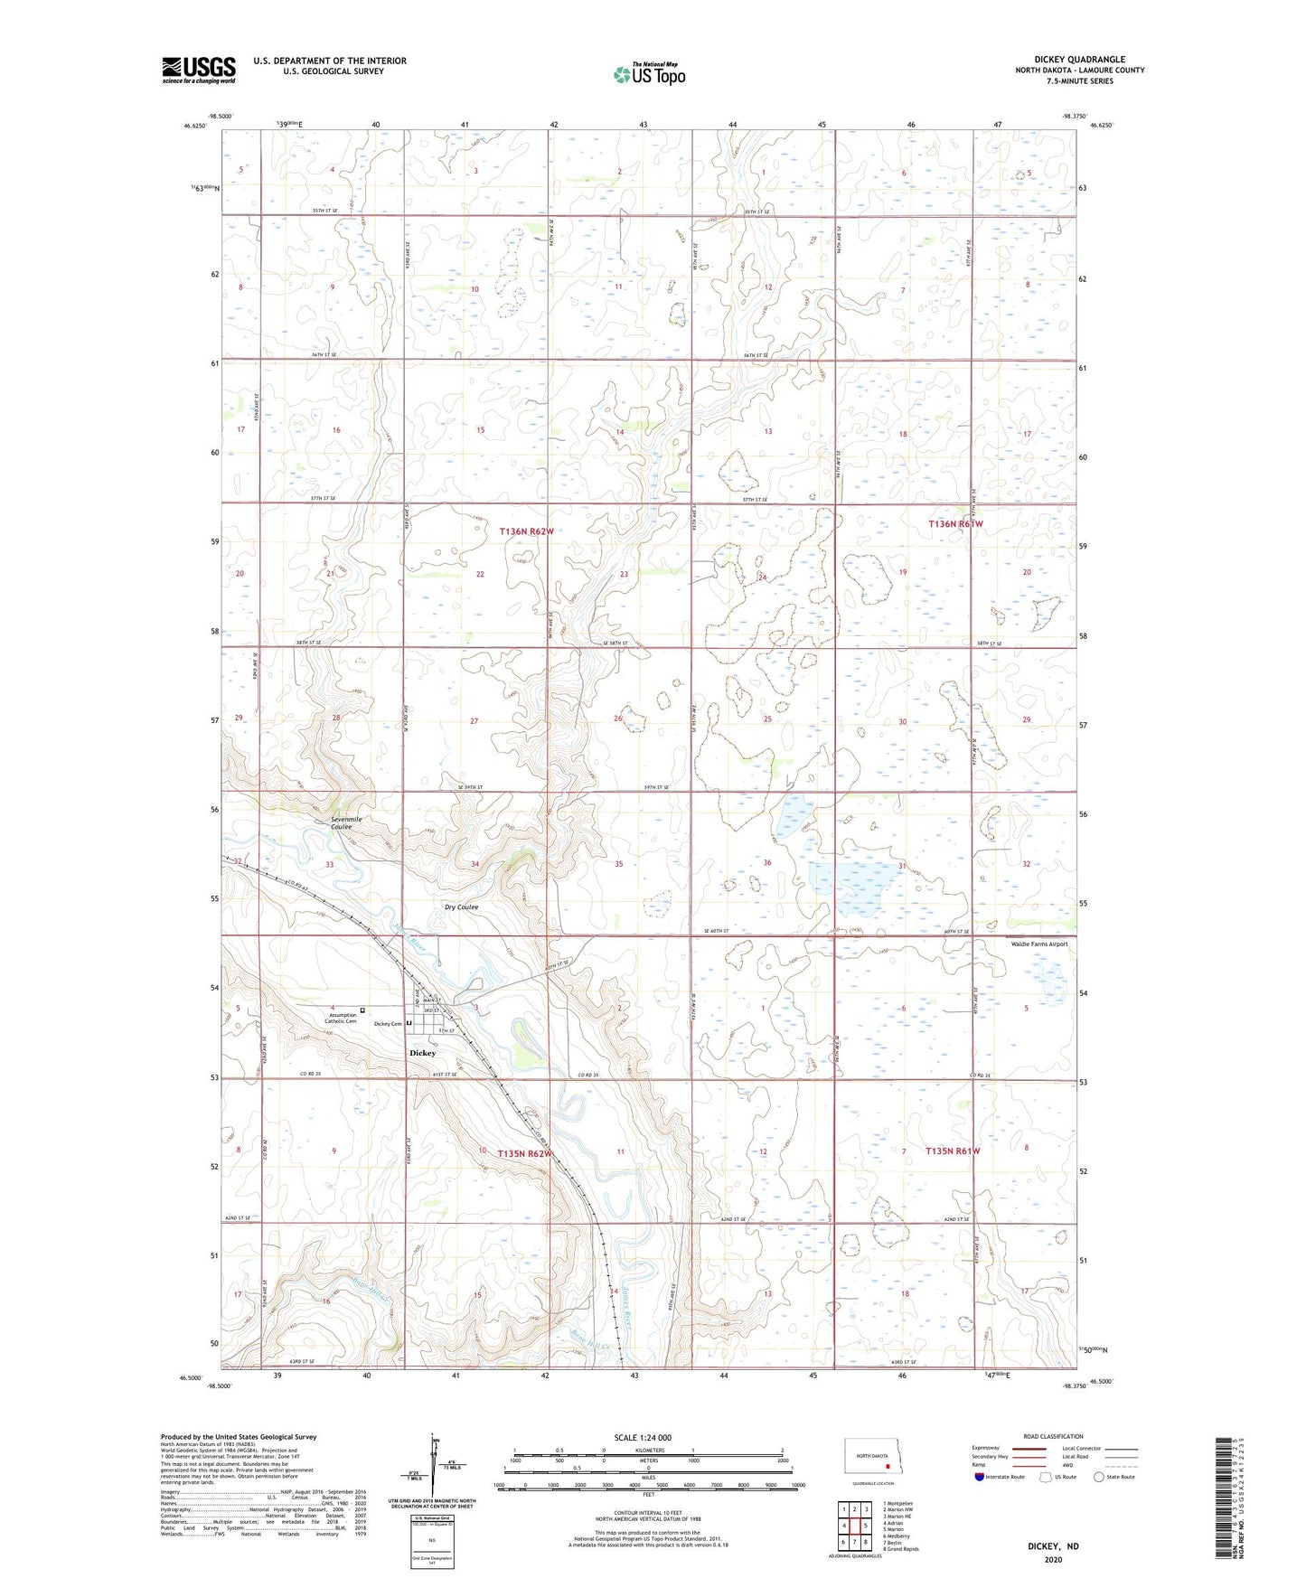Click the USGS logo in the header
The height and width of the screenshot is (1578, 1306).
coord(198,70)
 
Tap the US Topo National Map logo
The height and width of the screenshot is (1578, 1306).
coord(648,73)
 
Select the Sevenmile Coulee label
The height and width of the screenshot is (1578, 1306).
coord(346,822)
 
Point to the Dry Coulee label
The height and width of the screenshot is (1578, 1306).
coord(461,906)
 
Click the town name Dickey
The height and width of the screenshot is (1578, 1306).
coord(422,1053)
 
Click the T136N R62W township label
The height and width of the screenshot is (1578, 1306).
coord(526,531)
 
